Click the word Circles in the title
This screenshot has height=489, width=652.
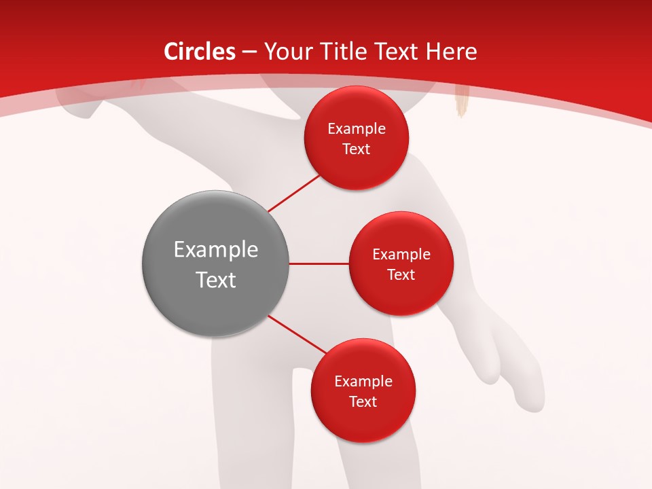click(x=200, y=52)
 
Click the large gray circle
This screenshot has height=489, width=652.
click(x=215, y=264)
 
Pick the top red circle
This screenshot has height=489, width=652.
click(x=356, y=138)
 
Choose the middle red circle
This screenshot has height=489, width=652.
click(x=401, y=264)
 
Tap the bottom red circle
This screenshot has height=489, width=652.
click(x=363, y=391)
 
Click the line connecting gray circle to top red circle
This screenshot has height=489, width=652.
click(x=294, y=193)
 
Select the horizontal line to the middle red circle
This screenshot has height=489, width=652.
click(x=319, y=264)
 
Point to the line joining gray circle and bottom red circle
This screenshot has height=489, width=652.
click(x=297, y=334)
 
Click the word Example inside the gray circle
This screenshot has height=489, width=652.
click(x=215, y=250)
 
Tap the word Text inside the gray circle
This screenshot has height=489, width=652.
click(x=215, y=279)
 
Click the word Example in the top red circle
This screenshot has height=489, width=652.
click(x=356, y=128)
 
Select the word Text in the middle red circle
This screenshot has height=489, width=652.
click(x=401, y=274)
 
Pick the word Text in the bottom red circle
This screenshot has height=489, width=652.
click(x=363, y=401)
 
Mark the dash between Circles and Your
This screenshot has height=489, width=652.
click(x=249, y=52)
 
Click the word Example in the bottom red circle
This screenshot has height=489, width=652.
click(x=363, y=381)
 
